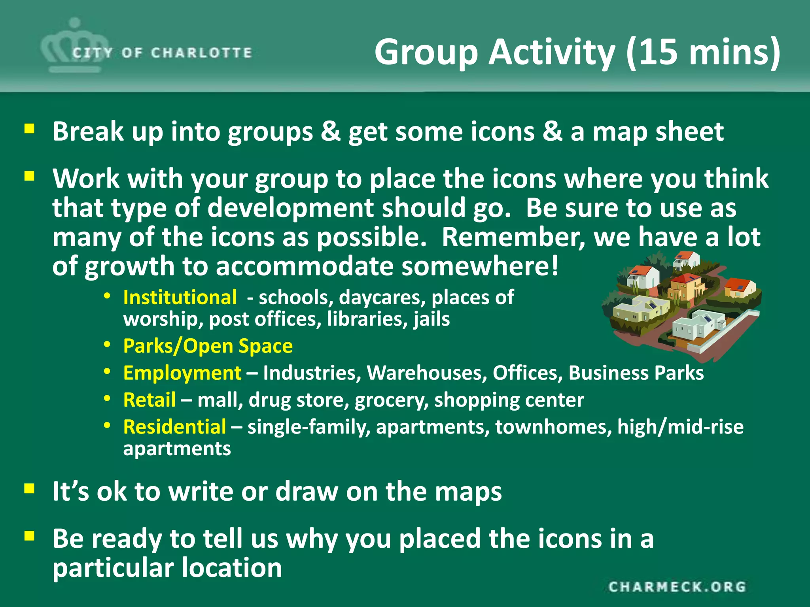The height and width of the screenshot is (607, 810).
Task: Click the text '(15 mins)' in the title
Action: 703,52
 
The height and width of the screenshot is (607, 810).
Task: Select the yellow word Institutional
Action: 180,297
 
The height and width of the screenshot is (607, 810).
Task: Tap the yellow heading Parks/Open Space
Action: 208,346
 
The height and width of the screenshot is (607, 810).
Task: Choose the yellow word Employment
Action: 182,373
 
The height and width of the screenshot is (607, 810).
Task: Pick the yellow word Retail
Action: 150,400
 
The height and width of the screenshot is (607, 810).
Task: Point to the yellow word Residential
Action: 175,427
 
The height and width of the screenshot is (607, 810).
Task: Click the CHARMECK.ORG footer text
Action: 677,587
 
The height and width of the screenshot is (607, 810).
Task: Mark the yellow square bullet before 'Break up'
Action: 29,129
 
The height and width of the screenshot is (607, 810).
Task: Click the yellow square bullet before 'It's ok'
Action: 29,489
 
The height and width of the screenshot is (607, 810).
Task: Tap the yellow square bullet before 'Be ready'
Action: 29,536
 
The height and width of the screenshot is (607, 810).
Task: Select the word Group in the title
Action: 426,52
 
